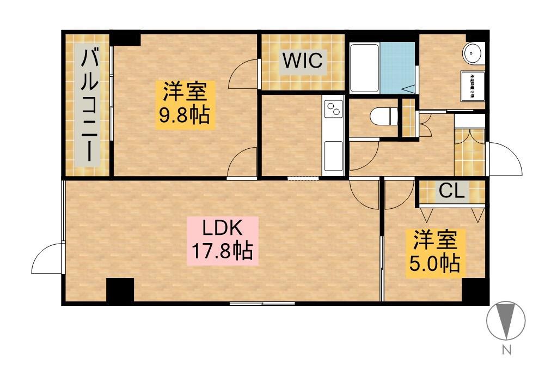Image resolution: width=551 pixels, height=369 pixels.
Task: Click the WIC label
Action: (302, 61)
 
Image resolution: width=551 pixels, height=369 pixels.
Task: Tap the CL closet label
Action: (452, 191)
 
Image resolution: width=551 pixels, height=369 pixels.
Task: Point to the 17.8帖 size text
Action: (222, 251)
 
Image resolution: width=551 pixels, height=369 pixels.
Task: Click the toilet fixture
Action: (379, 116)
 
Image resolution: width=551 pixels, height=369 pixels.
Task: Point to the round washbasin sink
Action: (472, 53)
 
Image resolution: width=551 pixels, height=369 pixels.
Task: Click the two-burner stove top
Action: (333, 111)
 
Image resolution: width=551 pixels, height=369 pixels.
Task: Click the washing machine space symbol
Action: (472, 86)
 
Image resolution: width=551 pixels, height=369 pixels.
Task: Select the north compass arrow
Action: (506, 320)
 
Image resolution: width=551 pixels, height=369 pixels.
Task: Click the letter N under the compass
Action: (506, 350)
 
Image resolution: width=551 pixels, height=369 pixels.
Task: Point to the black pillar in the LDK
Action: (120, 289)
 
